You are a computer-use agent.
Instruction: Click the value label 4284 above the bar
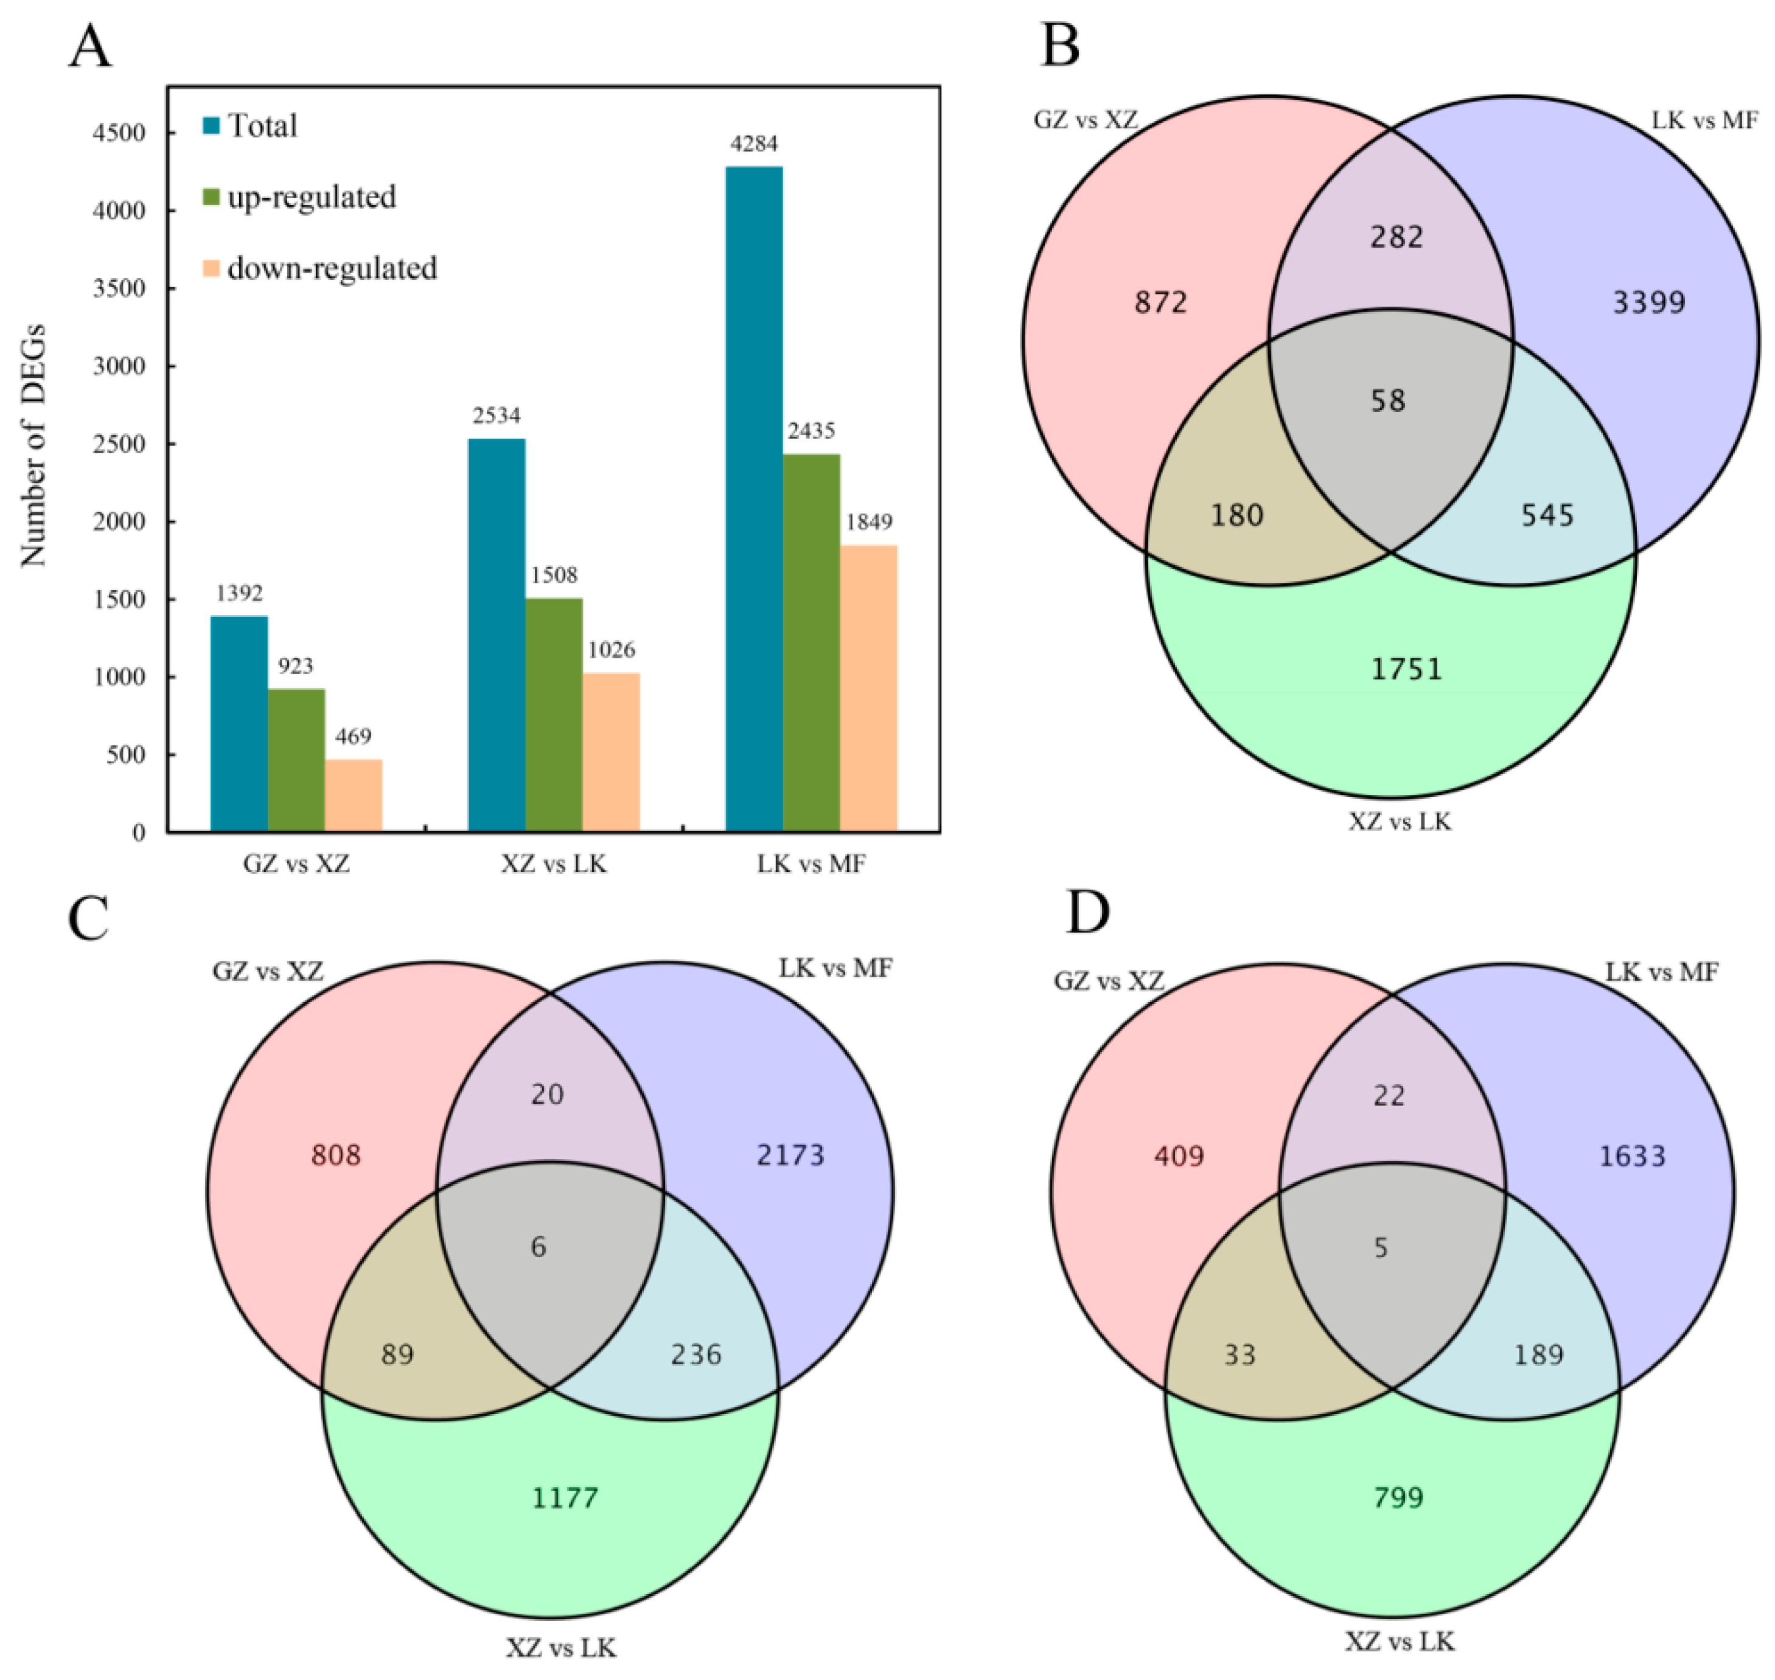[x=754, y=143]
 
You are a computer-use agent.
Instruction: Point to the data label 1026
[x=612, y=650]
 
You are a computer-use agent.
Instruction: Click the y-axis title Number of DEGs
[x=33, y=445]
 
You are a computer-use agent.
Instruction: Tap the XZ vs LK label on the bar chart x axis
[x=554, y=864]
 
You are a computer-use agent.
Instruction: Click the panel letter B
[x=1059, y=47]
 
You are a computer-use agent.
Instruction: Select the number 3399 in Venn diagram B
[x=1648, y=302]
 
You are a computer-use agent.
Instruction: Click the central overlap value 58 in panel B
[x=1388, y=400]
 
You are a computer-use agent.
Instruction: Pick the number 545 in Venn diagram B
[x=1547, y=515]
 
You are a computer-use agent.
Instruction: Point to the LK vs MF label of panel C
[x=835, y=969]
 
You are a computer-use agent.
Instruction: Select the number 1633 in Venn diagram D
[x=1632, y=1156]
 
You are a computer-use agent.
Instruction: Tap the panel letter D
[x=1087, y=913]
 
